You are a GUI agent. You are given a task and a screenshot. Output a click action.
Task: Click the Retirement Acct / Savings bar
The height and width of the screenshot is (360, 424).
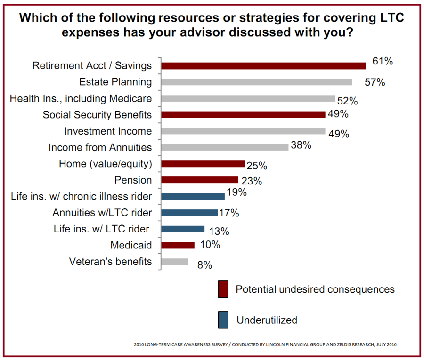tap(263, 65)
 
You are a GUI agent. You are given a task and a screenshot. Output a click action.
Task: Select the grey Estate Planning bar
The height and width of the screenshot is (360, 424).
tap(257, 82)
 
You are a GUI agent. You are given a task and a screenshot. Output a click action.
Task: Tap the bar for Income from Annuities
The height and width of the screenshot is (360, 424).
tap(225, 147)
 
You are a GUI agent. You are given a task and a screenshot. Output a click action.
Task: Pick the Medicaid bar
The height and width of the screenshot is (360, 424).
tap(178, 245)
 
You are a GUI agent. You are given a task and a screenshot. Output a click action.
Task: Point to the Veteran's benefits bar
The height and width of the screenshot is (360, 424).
tap(174, 262)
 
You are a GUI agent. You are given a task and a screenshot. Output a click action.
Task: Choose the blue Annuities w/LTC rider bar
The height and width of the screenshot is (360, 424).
tap(189, 213)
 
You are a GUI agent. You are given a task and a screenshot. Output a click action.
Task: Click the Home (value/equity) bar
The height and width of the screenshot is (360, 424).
tap(203, 164)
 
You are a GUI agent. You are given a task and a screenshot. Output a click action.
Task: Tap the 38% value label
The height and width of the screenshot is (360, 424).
tap(302, 145)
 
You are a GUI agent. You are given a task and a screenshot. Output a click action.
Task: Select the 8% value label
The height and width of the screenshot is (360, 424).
tap(204, 265)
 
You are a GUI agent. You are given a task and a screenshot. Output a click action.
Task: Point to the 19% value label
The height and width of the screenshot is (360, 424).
tap(236, 192)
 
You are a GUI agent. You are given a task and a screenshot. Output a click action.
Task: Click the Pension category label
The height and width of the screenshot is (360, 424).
tap(133, 180)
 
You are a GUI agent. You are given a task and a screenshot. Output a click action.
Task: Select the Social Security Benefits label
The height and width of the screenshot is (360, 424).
tap(97, 115)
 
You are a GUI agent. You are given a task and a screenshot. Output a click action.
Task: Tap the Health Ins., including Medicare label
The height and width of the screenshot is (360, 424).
tap(81, 98)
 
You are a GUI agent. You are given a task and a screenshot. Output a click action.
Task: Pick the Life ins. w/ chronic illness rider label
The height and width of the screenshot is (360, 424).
tap(81, 196)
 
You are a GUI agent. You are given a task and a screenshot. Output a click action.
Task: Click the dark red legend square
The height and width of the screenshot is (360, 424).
tap(223, 289)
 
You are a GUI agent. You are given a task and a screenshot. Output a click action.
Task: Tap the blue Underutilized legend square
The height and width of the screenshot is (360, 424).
tap(223, 320)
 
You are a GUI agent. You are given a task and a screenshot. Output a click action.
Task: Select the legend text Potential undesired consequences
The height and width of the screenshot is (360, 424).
tap(315, 289)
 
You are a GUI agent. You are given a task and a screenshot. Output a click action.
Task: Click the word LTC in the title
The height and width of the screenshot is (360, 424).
tap(389, 19)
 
